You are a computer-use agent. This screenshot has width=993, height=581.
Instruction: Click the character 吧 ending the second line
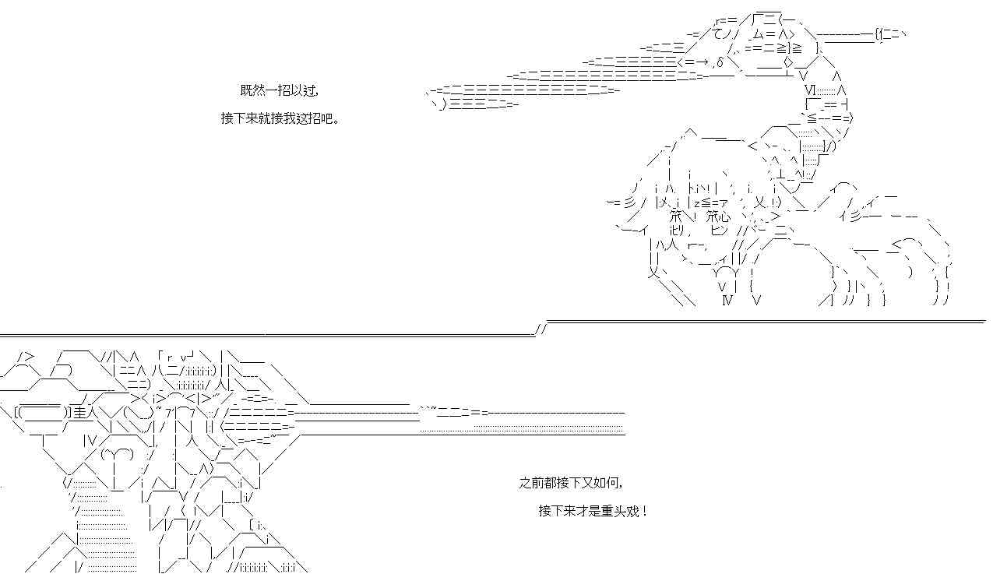click(331, 118)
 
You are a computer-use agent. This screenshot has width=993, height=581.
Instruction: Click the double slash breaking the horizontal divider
click(541, 329)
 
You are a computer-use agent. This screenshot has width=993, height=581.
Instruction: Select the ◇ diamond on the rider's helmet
click(789, 62)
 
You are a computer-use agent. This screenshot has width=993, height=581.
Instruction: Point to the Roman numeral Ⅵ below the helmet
click(810, 90)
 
